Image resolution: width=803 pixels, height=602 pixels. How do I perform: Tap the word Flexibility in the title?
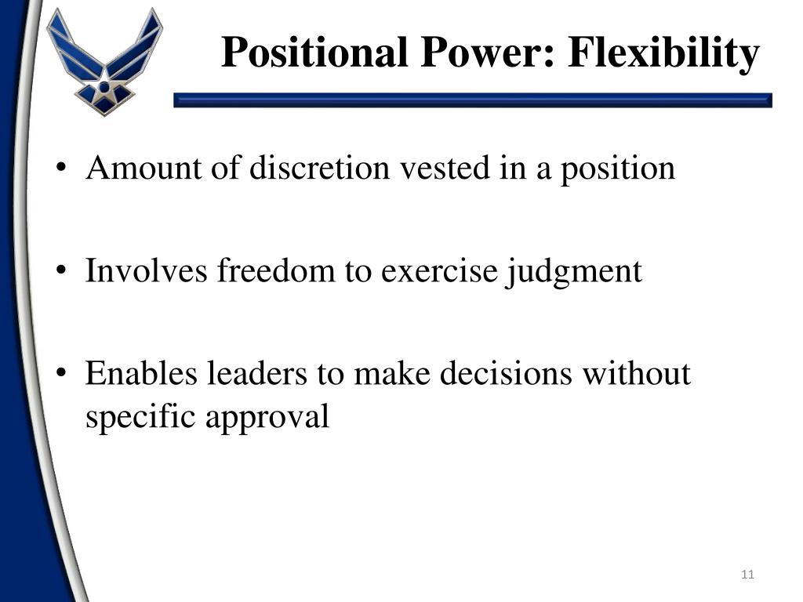663,53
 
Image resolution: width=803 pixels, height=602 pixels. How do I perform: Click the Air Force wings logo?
104,60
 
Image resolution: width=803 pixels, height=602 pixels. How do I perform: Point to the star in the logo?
104,87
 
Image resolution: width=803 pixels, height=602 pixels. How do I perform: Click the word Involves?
147,271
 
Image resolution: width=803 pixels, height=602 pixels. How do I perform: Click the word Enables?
142,373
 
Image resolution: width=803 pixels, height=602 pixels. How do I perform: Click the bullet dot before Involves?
62,273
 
